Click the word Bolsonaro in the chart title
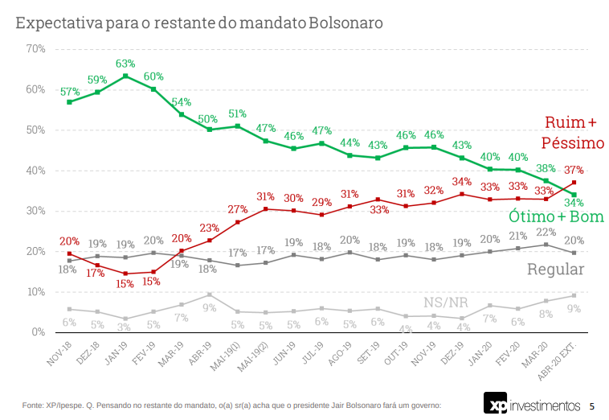[345, 23]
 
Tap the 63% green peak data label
[125, 63]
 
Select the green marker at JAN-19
[125, 76]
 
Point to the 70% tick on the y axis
[35, 49]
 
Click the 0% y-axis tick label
[38, 331]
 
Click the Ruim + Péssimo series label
[571, 132]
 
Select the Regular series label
[555, 270]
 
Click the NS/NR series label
[446, 303]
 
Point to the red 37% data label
[574, 170]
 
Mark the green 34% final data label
[574, 203]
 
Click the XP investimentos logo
[531, 403]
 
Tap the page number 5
[592, 405]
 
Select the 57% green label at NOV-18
[70, 91]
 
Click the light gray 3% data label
[125, 327]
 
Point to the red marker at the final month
[574, 183]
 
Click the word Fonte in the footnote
[34, 405]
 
